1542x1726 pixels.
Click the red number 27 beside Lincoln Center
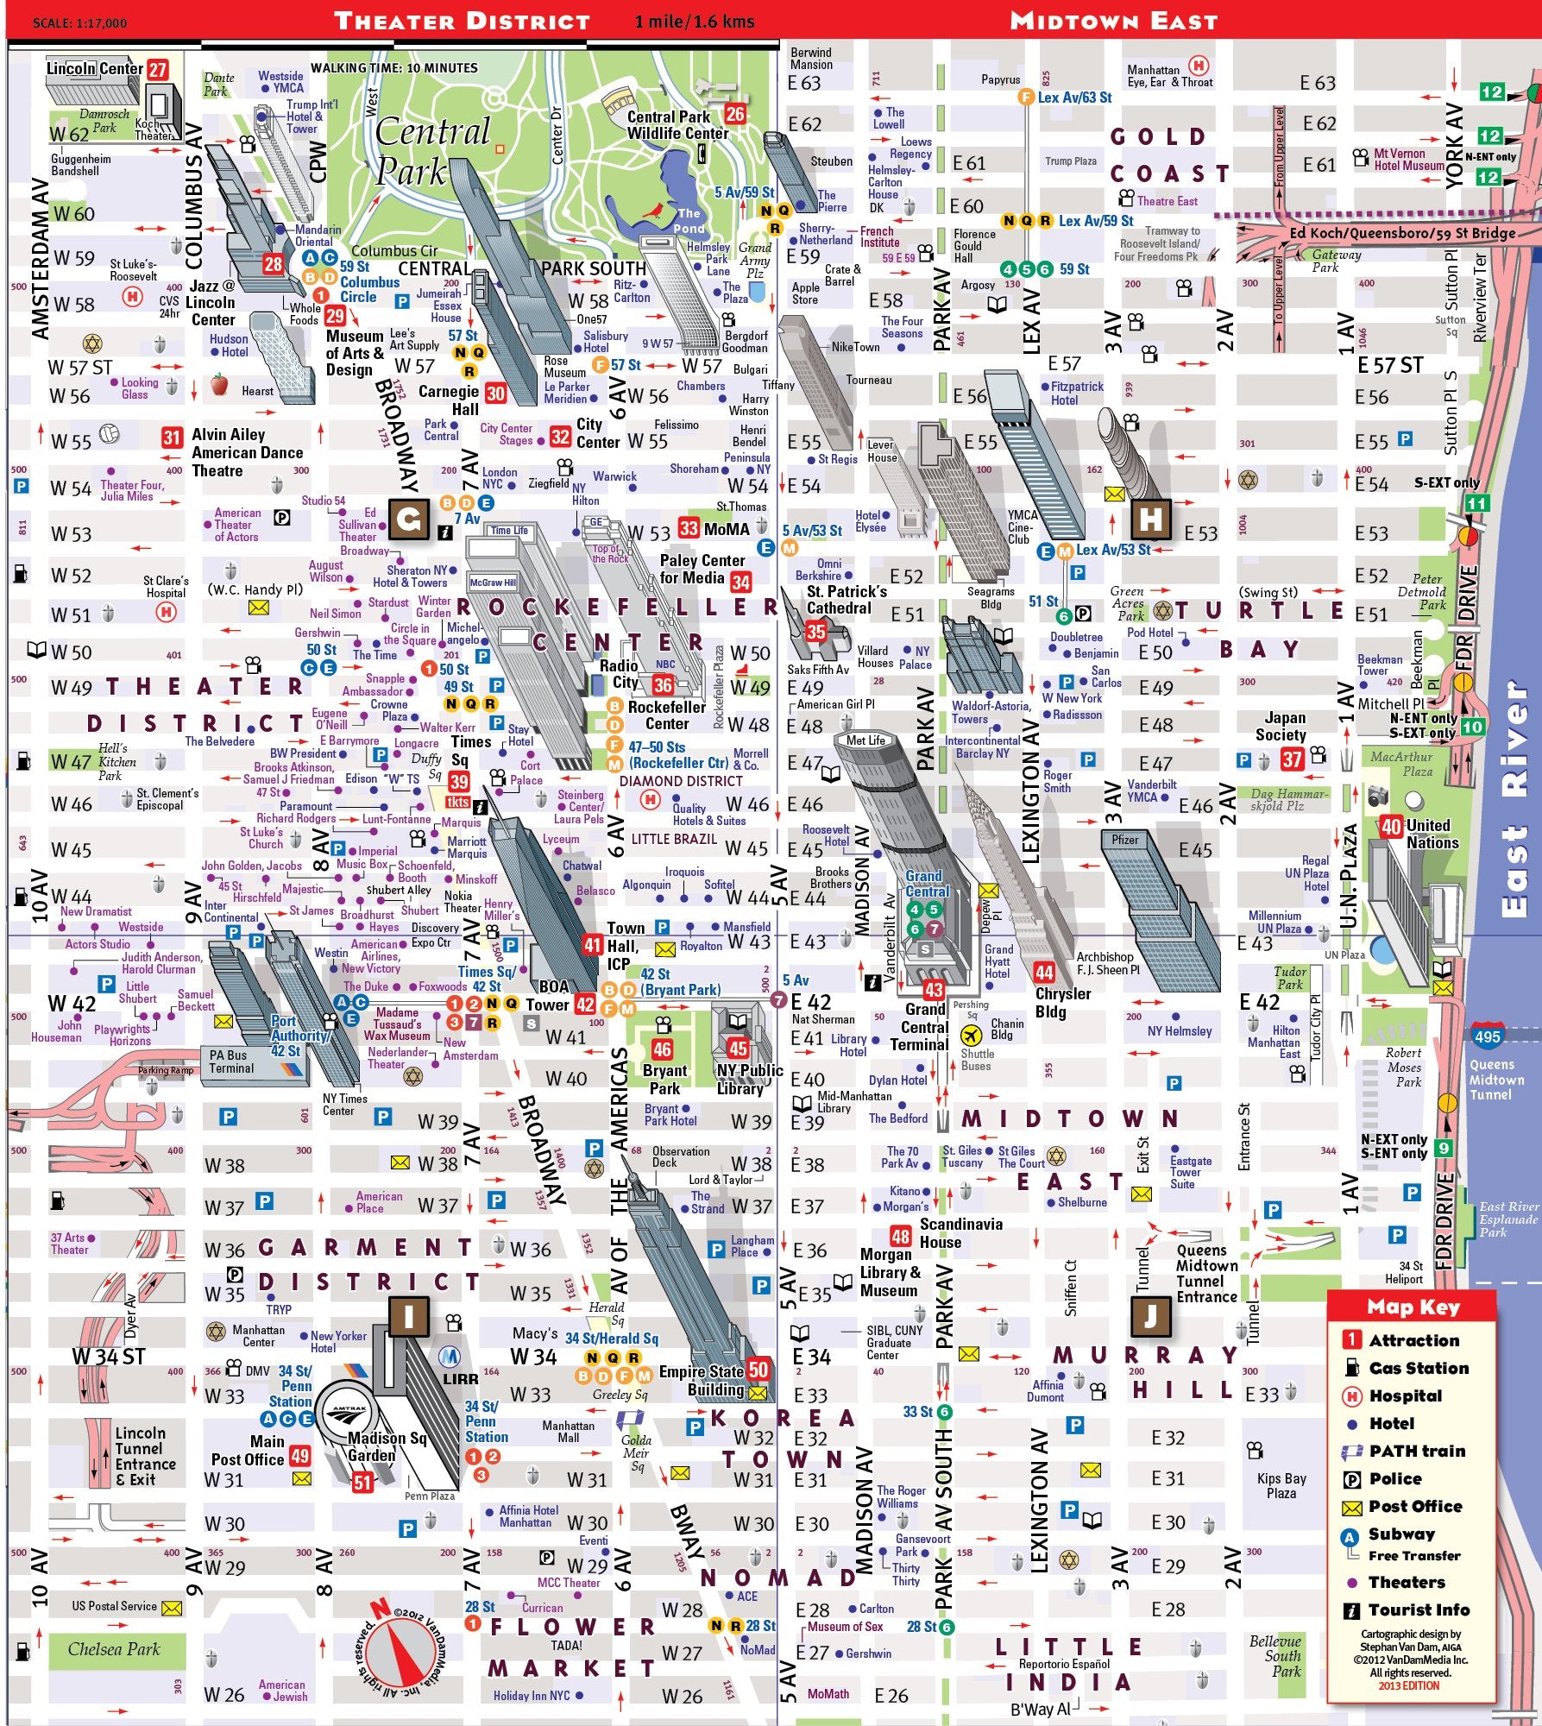pos(157,70)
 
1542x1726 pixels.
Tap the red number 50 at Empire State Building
pos(758,1369)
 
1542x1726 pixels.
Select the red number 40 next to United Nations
pos(1391,827)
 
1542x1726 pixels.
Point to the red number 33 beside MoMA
pos(688,528)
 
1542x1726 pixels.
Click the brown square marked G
pos(409,520)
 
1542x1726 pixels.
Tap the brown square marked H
pos(1150,520)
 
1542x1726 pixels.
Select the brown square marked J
pos(1150,1316)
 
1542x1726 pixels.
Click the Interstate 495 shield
pos(1487,1037)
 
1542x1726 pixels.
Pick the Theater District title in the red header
pos(462,21)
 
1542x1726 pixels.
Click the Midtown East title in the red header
pos(1113,21)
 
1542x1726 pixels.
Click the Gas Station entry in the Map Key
pos(1418,1368)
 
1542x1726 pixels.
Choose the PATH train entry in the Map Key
pos(1417,1451)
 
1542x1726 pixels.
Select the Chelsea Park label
pos(114,1649)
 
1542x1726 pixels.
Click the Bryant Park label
pos(664,1079)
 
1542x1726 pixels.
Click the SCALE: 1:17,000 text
pos(79,23)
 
